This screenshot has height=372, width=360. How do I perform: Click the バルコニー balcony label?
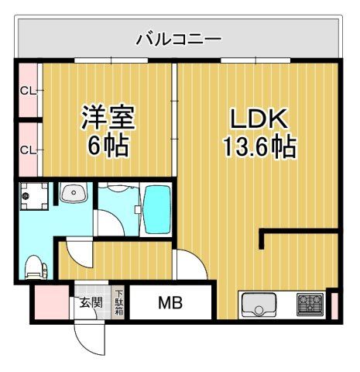pos(179,37)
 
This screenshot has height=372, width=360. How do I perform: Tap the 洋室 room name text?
pos(109,119)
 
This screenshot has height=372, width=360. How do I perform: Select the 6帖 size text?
pos(108,146)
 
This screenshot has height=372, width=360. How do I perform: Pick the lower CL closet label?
pos(27,149)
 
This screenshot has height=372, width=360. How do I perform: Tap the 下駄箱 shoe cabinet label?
pos(119,301)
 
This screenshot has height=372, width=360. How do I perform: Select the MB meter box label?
pos(170,302)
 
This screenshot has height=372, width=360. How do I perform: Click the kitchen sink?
pos(256,305)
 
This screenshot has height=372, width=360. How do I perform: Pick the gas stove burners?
pos(311,304)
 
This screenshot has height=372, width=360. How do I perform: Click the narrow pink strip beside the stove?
pos(334,304)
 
